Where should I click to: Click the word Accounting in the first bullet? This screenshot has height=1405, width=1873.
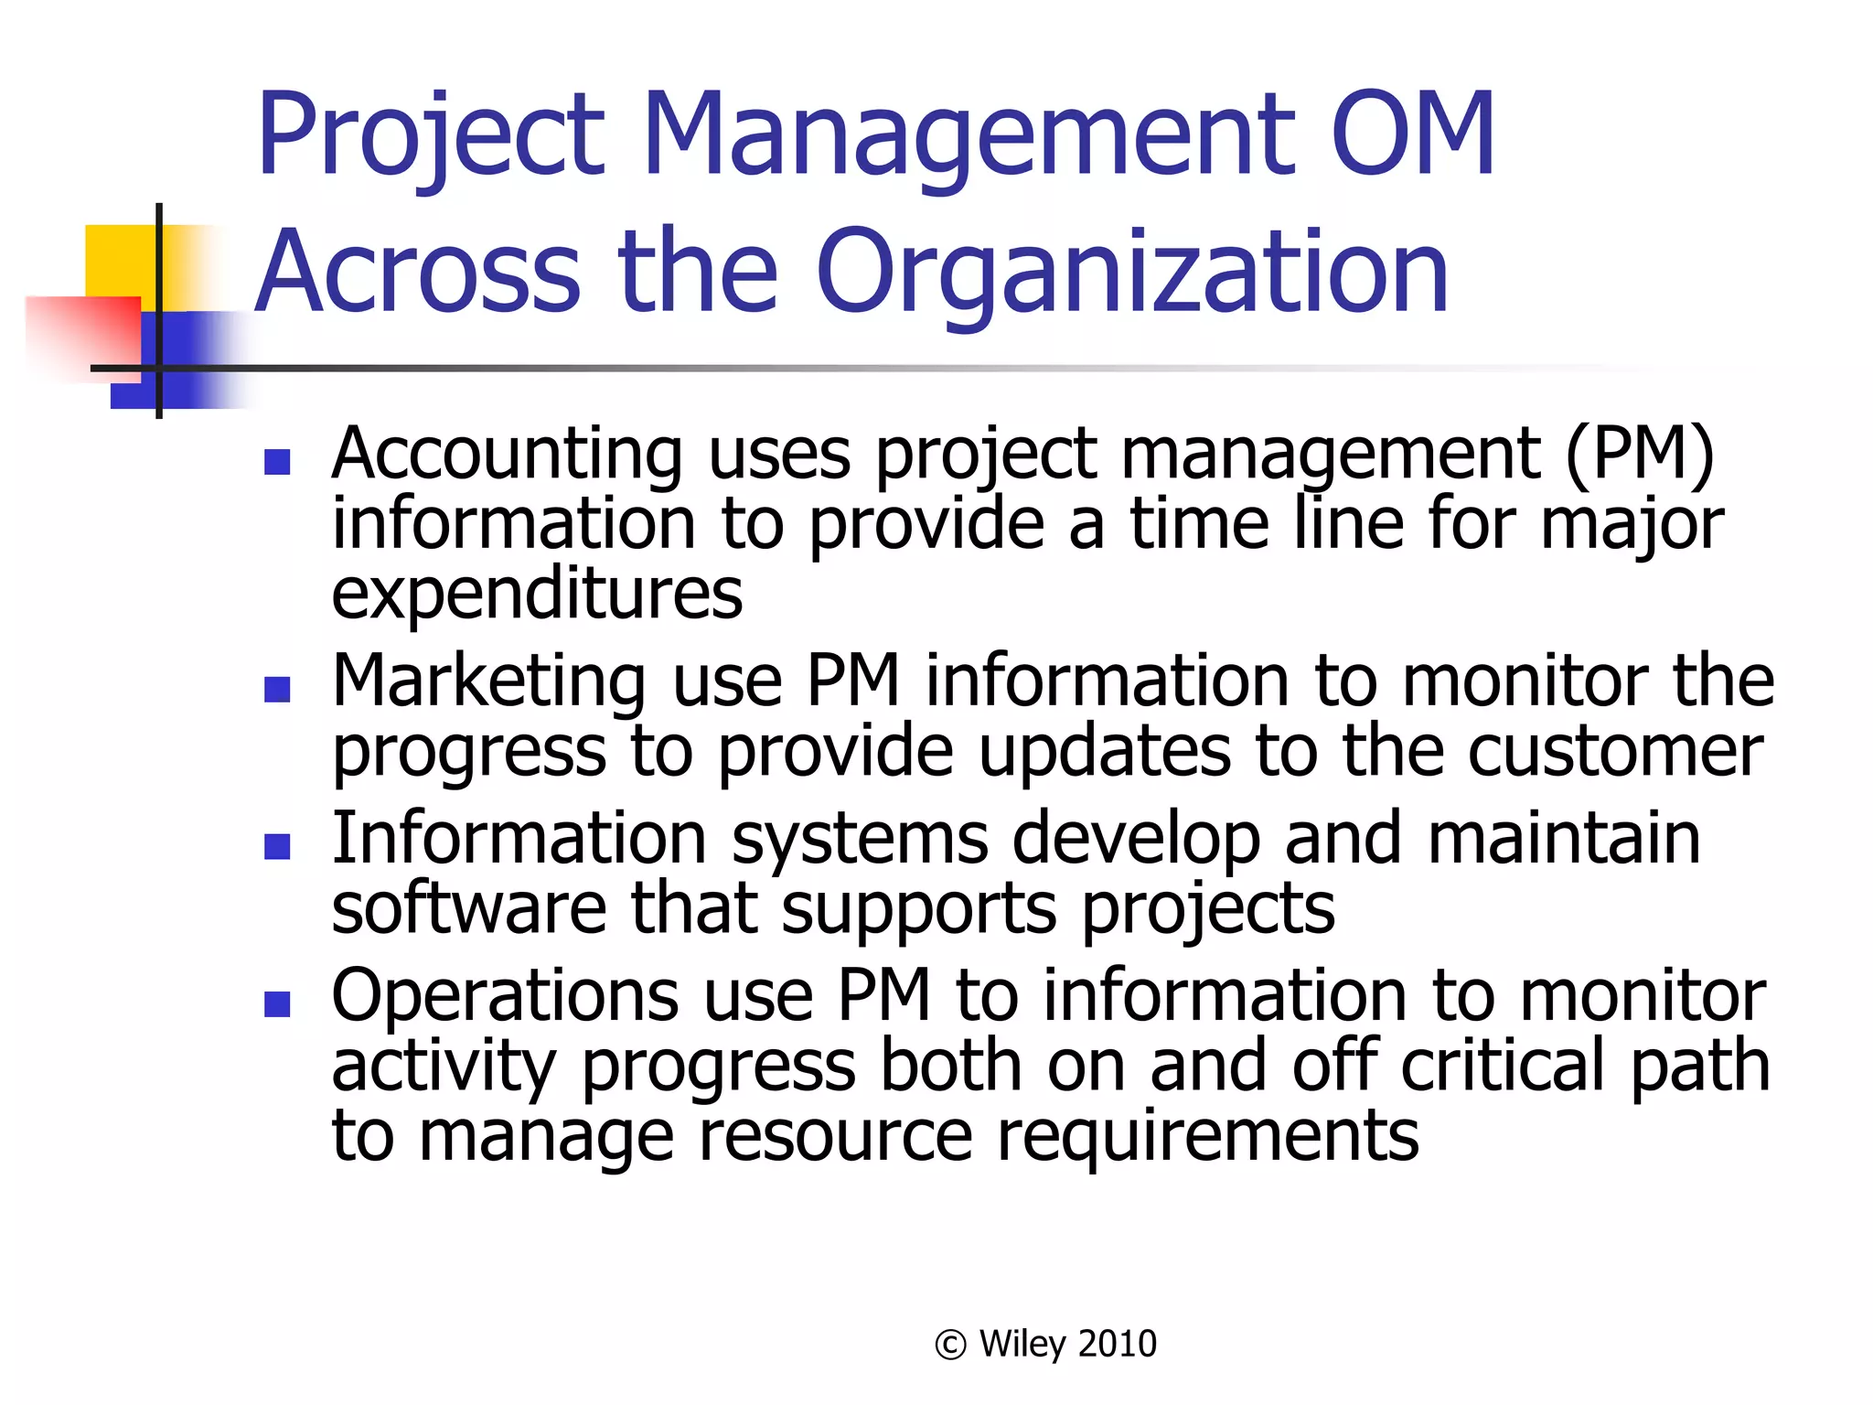tap(507, 455)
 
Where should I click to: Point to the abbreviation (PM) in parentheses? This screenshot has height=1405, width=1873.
tap(1640, 455)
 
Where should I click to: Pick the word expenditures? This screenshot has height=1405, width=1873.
tap(537, 595)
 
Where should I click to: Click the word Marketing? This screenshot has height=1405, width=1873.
tap(489, 681)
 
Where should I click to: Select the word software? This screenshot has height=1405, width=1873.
tap(468, 909)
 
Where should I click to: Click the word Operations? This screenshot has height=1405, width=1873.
tap(505, 996)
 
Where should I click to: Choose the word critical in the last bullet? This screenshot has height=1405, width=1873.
tap(1503, 1066)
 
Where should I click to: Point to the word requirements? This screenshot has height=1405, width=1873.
tap(1207, 1136)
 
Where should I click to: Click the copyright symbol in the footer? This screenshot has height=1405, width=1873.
tap(950, 1345)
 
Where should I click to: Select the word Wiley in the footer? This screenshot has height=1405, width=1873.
tap(1022, 1345)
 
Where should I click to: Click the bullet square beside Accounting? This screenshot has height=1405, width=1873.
tap(277, 462)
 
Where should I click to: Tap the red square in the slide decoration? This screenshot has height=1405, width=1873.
tap(82, 329)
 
